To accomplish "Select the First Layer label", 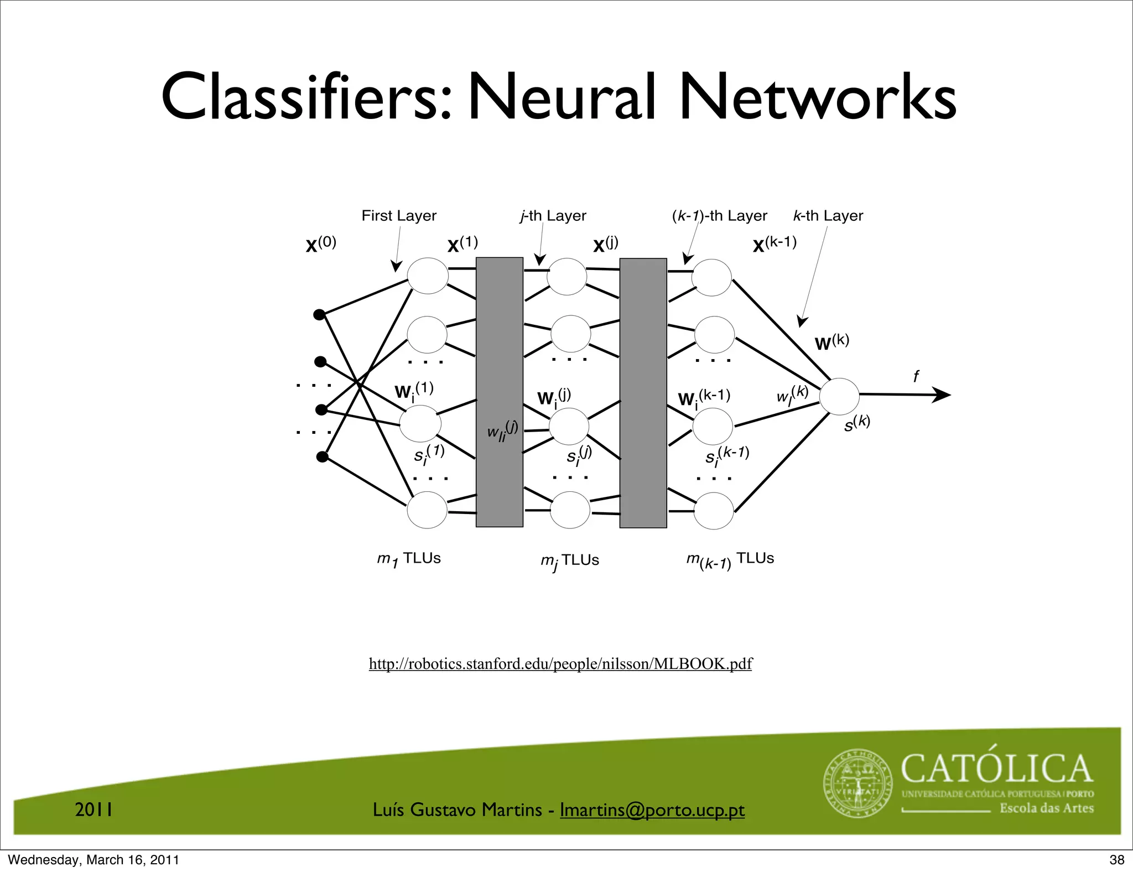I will point(399,216).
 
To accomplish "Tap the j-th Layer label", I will point(553,216).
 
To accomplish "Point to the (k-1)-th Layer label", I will point(719,216).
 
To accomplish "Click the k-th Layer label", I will point(828,216).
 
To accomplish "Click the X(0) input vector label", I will point(321,244).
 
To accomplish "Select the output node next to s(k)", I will point(839,396).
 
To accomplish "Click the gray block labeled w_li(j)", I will point(500,392).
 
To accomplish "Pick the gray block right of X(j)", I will point(643,393).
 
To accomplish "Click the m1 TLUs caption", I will point(409,559).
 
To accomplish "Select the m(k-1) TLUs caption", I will point(730,560).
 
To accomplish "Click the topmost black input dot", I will point(319,315).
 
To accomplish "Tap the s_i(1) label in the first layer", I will point(429,454).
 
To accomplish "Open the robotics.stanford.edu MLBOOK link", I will point(560,663).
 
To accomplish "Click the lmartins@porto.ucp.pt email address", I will point(652,810).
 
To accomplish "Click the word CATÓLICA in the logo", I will point(996,769).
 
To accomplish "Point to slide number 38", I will point(1117,860).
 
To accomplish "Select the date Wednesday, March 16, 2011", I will point(94,860).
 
